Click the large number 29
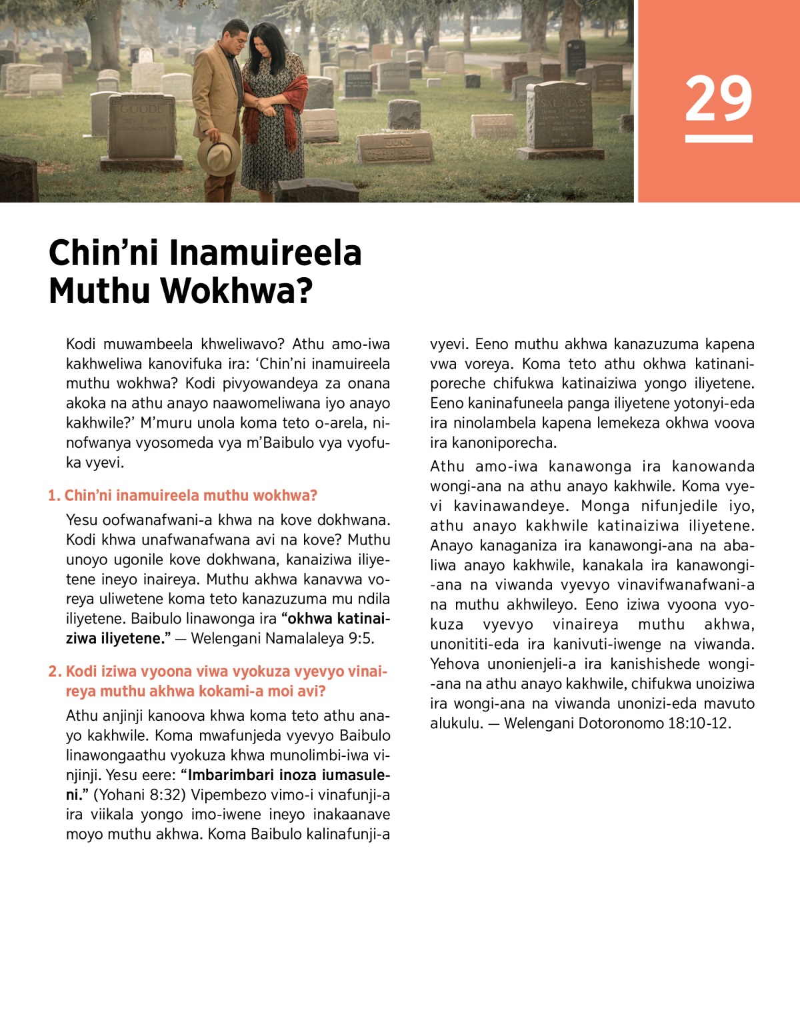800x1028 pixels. click(x=719, y=99)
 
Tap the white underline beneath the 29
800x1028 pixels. click(x=719, y=139)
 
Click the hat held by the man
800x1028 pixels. click(x=219, y=154)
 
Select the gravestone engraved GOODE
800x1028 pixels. click(x=141, y=127)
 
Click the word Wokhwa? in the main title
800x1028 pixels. click(x=237, y=291)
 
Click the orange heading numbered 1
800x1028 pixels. click(x=183, y=496)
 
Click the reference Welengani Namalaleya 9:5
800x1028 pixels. click(x=283, y=638)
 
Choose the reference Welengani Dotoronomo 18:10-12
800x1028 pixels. click(x=617, y=724)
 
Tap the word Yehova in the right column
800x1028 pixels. click(x=455, y=664)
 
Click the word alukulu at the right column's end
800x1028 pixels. click(x=456, y=724)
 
